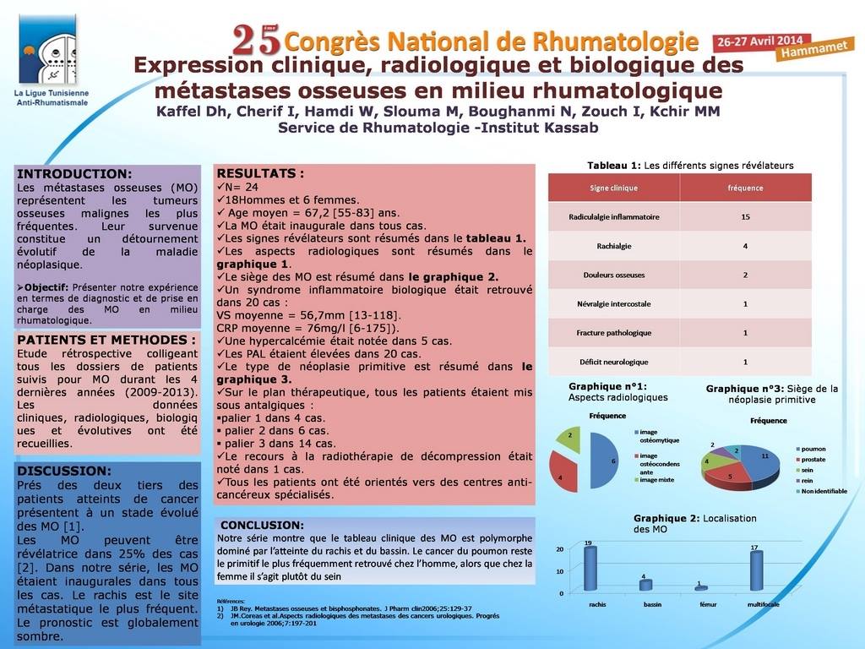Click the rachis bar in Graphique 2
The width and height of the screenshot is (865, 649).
click(x=590, y=569)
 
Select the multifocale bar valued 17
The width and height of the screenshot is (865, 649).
click(x=756, y=570)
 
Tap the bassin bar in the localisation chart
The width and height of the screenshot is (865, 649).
click(x=645, y=585)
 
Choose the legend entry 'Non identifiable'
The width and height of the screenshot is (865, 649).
click(x=824, y=491)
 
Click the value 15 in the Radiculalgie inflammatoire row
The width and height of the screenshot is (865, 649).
click(x=745, y=217)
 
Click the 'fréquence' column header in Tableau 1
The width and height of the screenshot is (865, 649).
click(x=745, y=188)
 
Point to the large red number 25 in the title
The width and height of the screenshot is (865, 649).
click(x=257, y=39)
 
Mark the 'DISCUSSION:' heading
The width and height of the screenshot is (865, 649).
click(x=64, y=471)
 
